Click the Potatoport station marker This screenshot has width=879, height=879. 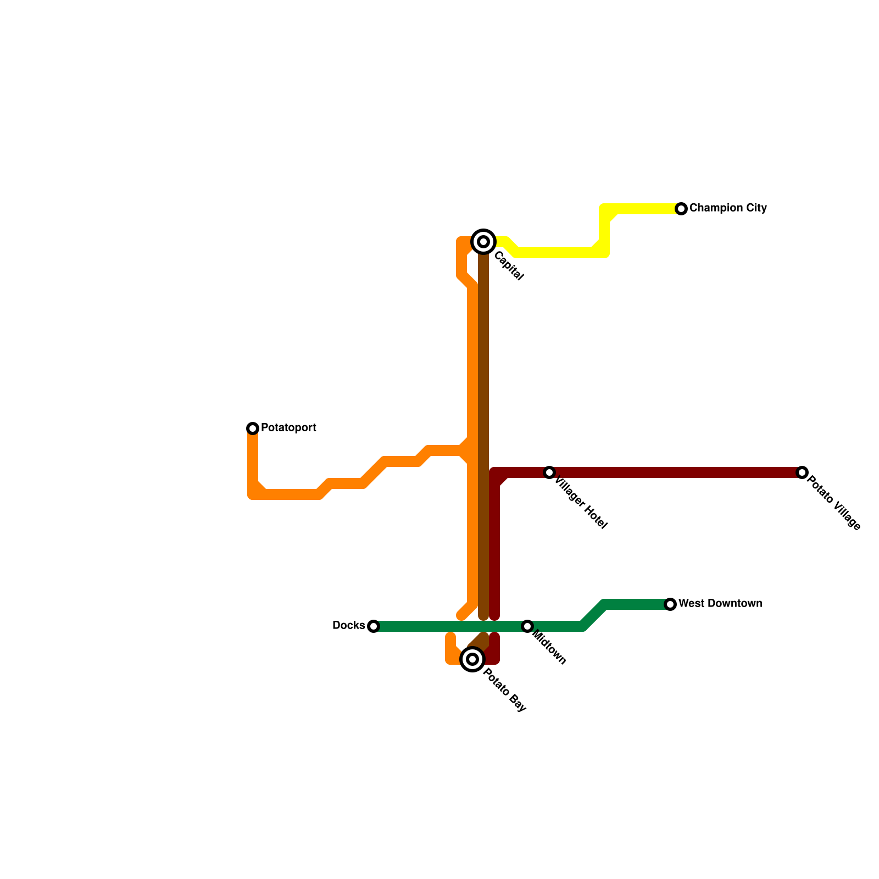[253, 428]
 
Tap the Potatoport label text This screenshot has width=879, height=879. [288, 427]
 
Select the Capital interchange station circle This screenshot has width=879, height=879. [483, 242]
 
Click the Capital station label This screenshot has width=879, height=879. [508, 266]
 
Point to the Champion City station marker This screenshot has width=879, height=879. [681, 209]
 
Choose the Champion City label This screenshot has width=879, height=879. [728, 208]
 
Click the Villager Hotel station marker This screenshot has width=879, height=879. [549, 472]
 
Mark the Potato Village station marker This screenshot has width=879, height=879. [802, 472]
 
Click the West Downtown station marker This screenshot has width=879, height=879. [670, 604]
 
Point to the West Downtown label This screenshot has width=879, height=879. [720, 604]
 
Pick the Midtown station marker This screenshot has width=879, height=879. [527, 626]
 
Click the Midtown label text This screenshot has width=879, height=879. [549, 648]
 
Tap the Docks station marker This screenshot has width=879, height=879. [374, 626]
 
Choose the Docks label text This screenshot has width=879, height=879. [348, 626]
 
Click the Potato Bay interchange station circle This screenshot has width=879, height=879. [472, 659]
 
